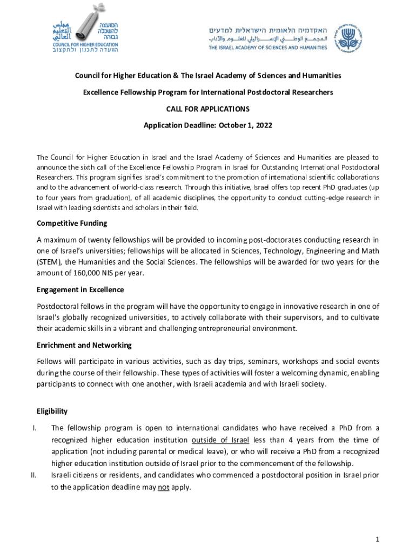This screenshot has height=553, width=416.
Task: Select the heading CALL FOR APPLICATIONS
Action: (x=207, y=109)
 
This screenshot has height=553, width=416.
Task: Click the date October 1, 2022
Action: (x=245, y=125)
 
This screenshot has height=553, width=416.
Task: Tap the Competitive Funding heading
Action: (x=71, y=223)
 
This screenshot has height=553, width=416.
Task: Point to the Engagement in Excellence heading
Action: (x=80, y=289)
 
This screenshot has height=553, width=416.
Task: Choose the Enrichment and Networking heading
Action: (x=84, y=345)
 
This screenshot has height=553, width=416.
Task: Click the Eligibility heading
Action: (x=52, y=411)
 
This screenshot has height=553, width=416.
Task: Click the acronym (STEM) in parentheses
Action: (x=50, y=262)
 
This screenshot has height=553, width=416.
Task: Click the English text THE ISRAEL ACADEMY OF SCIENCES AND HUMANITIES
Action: (x=268, y=48)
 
